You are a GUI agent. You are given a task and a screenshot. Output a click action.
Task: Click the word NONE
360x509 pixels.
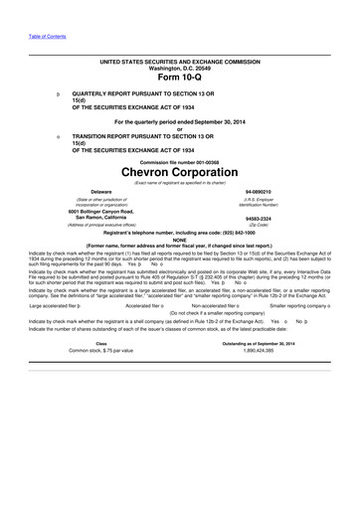click(180, 240)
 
